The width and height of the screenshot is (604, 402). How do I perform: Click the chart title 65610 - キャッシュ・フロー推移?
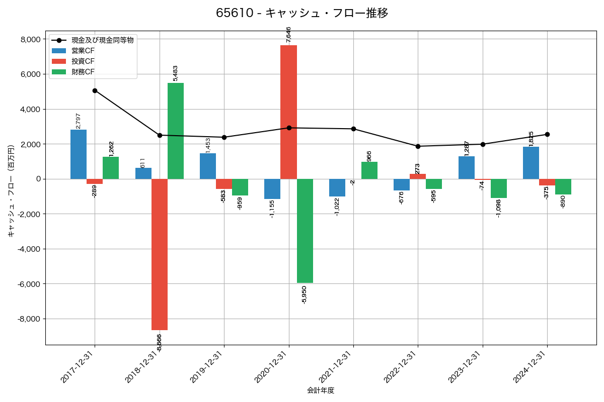coord(302,13)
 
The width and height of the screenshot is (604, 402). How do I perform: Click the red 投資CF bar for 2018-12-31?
coord(160,254)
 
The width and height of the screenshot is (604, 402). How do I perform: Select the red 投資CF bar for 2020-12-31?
coord(289,112)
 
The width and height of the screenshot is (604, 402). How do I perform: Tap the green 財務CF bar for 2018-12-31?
coord(176,131)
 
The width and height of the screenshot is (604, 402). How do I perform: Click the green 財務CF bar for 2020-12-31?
coord(305,231)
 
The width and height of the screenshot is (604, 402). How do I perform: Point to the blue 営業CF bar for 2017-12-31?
coord(79,154)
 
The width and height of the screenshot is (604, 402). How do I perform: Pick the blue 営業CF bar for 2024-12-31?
coord(531,163)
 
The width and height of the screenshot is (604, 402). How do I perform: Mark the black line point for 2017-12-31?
coord(95,90)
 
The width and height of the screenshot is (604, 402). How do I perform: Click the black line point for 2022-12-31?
coord(418,146)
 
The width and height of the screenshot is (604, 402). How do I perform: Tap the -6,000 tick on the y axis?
coord(30,284)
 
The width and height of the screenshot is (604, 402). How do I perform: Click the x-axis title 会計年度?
coord(321,390)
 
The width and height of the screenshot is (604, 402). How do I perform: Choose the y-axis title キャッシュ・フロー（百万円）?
coord(11,187)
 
